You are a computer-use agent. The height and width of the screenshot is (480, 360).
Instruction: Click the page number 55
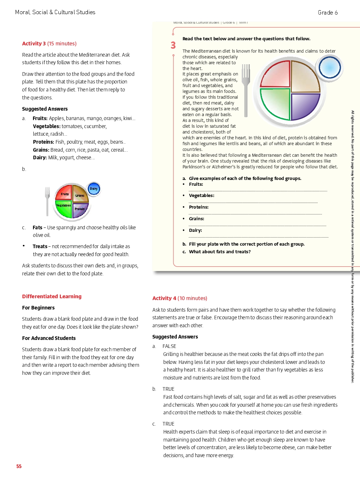[x=19, y=466]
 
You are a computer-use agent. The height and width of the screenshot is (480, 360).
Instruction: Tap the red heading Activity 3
[x=34, y=44]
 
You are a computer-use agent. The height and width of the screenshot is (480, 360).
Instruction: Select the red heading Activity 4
[x=164, y=298]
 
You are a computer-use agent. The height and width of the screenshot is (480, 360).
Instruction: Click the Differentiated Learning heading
[x=52, y=296]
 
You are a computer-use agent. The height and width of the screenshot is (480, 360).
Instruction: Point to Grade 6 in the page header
[x=327, y=13]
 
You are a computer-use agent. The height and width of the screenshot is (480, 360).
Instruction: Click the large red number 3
[x=173, y=45]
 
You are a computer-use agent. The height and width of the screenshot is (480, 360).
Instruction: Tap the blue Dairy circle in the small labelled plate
[x=94, y=189]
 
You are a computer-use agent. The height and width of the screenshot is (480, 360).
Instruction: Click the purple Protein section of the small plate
[x=80, y=210]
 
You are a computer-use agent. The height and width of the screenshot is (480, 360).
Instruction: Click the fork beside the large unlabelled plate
[x=246, y=91]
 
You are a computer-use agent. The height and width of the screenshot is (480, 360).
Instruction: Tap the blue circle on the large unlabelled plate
[x=330, y=67]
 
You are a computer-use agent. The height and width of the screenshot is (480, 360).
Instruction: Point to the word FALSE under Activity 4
[x=169, y=346]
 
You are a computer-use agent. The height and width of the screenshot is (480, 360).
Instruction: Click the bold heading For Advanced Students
[x=49, y=338]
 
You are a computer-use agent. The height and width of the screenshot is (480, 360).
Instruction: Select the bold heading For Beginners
[x=38, y=308]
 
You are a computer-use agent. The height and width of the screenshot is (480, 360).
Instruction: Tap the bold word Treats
[x=40, y=246]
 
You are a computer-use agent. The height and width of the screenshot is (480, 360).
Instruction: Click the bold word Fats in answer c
[x=37, y=227]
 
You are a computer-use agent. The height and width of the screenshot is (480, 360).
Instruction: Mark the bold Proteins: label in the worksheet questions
[x=199, y=207]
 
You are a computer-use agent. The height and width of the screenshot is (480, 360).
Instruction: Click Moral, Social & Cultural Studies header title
[x=55, y=12]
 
